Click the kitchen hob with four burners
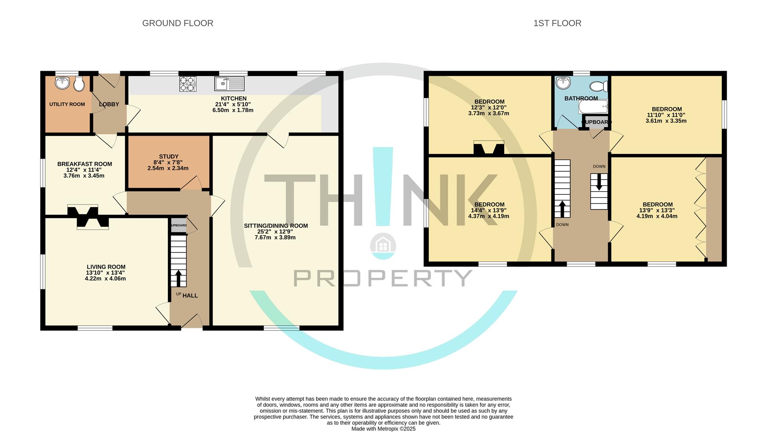[x=188, y=84]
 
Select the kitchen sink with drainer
[x=229, y=84]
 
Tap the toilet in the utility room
[x=79, y=84]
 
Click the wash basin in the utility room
[x=62, y=83]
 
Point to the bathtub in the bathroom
[x=593, y=107]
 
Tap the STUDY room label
[x=169, y=157]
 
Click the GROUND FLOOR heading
[x=177, y=23]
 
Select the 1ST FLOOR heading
[x=557, y=23]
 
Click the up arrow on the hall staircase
[x=178, y=278]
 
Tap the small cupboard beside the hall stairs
[x=179, y=226]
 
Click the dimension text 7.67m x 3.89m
[x=275, y=238]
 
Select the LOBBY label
[x=109, y=104]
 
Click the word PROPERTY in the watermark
[x=383, y=278]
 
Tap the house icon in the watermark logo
[x=383, y=244]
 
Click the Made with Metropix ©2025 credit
[x=383, y=429]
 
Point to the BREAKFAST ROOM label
[x=85, y=164]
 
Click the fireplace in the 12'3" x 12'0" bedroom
[x=488, y=148]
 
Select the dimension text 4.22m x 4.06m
[x=105, y=279]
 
